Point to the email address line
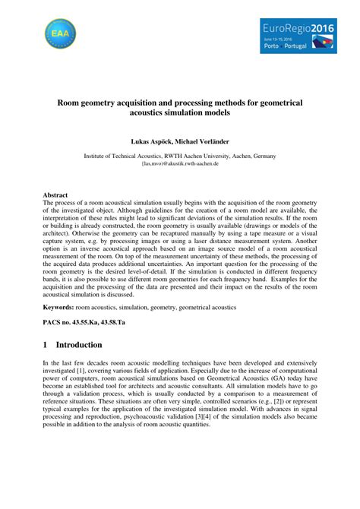click(x=179, y=163)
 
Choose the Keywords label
click(x=58, y=307)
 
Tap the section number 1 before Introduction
click(x=46, y=345)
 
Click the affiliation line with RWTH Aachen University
click(x=179, y=155)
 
